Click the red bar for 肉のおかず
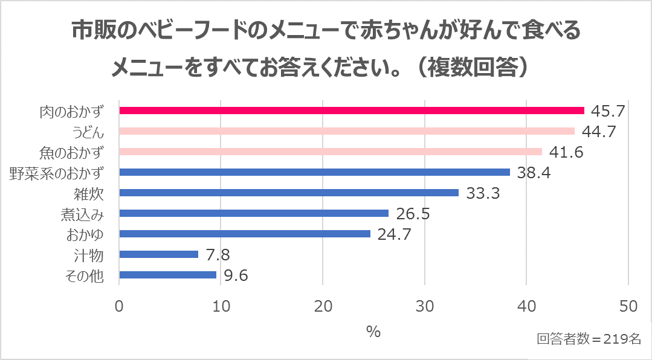(352, 111)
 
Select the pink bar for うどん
(347, 131)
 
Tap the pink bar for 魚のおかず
(331, 152)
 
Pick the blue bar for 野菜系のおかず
(314, 172)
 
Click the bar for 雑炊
(289, 193)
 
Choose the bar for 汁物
(159, 254)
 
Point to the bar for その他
(168, 275)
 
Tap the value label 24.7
(394, 234)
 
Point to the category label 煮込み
(82, 214)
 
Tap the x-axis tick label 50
(628, 306)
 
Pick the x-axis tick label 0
(119, 306)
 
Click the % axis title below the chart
(373, 332)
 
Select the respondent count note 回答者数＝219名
(589, 339)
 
